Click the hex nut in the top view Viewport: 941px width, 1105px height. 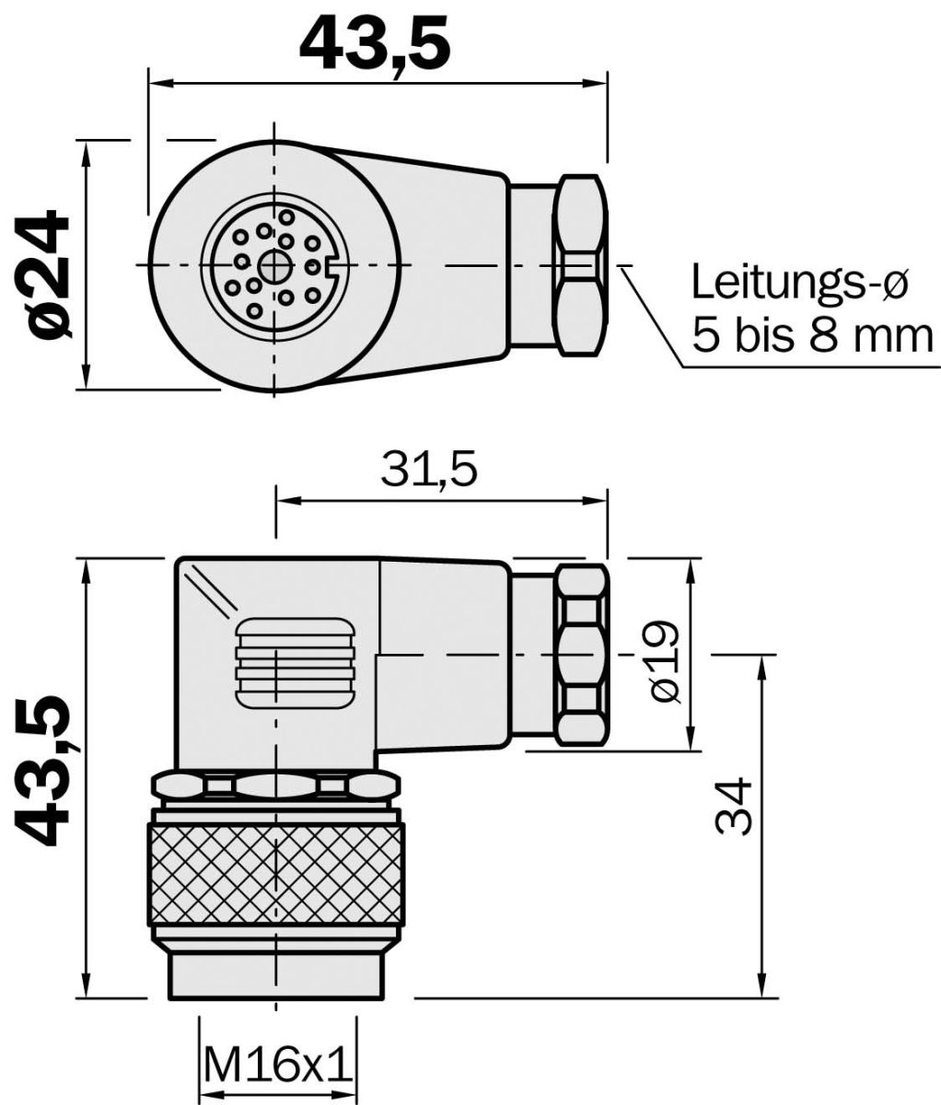[x=580, y=264]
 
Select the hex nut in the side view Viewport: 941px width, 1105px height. [x=580, y=655]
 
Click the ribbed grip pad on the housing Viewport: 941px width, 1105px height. [x=296, y=663]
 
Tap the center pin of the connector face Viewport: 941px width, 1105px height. [x=273, y=266]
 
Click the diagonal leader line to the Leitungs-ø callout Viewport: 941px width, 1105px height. [x=656, y=317]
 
